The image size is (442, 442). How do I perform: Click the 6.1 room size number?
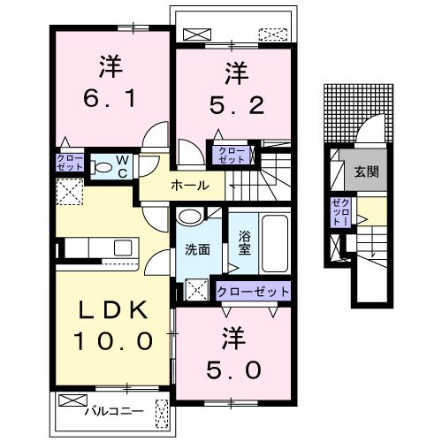click(x=110, y=98)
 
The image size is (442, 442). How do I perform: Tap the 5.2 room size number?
click(x=236, y=106)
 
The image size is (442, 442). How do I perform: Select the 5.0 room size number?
click(x=233, y=370)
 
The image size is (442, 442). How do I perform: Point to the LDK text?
click(x=113, y=310)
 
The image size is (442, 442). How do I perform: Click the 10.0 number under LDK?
click(x=113, y=341)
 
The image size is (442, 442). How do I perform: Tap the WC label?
click(x=122, y=167)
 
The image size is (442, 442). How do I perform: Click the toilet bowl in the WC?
click(x=101, y=168)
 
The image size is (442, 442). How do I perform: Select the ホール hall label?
click(x=190, y=186)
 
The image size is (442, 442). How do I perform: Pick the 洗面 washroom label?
click(x=197, y=249)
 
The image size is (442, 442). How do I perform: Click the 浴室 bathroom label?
click(x=244, y=243)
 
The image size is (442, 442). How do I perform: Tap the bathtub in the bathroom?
click(x=275, y=243)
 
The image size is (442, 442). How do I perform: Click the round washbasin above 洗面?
click(x=190, y=217)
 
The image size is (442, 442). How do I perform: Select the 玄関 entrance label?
click(x=366, y=171)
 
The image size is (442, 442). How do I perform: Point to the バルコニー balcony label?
click(x=114, y=411)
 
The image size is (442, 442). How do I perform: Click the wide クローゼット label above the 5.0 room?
click(x=253, y=292)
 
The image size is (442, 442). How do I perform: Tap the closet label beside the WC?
click(x=70, y=163)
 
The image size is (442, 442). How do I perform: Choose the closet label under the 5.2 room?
click(x=232, y=155)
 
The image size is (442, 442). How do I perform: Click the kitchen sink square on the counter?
click(x=123, y=248)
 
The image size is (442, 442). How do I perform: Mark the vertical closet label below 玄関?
click(x=340, y=212)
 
